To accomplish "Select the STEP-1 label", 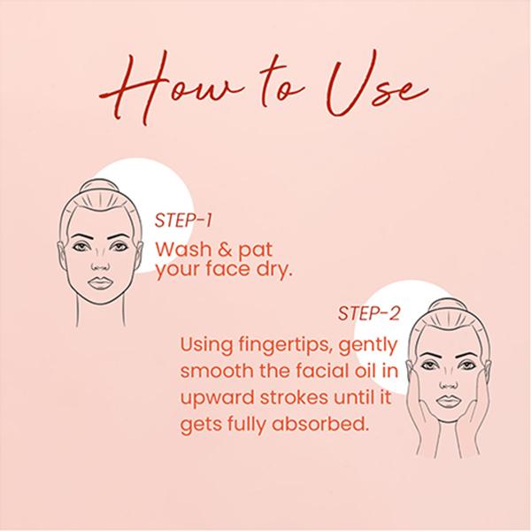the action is [183, 220].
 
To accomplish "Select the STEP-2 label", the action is [369, 313].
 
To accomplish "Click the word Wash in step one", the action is [183, 250].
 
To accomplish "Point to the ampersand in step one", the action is [225, 250].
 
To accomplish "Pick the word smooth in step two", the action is [217, 371].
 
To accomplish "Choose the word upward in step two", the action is [217, 397].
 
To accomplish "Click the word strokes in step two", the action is [294, 396].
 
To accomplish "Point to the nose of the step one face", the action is [100, 263].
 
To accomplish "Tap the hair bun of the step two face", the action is [448, 304].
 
